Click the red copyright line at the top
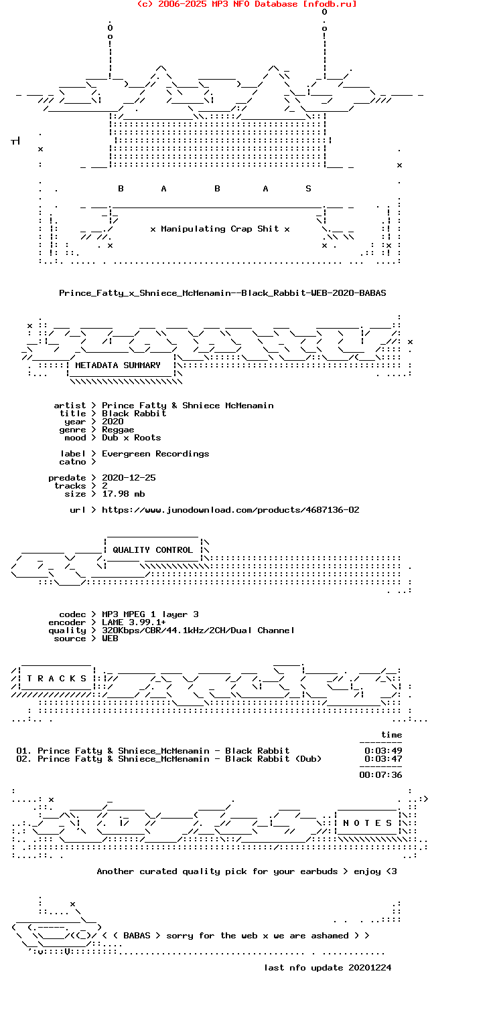click(x=247, y=4)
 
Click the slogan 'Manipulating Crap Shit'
click(x=220, y=229)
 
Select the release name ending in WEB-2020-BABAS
click(x=222, y=293)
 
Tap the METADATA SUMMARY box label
click(x=118, y=365)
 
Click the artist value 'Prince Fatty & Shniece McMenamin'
click(x=188, y=405)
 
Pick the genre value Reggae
click(x=118, y=430)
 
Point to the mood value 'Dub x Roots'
click(x=131, y=437)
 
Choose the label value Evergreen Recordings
click(x=155, y=454)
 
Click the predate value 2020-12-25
click(x=129, y=477)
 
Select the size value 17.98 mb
click(x=123, y=494)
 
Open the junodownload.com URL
click(x=230, y=510)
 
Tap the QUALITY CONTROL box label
click(x=153, y=550)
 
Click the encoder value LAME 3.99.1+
click(x=134, y=622)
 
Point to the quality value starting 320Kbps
click(x=198, y=630)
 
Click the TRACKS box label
click(x=56, y=679)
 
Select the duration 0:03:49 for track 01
click(x=384, y=751)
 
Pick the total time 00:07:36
click(x=381, y=775)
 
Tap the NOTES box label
click(x=367, y=823)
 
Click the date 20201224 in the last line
click(x=370, y=968)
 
